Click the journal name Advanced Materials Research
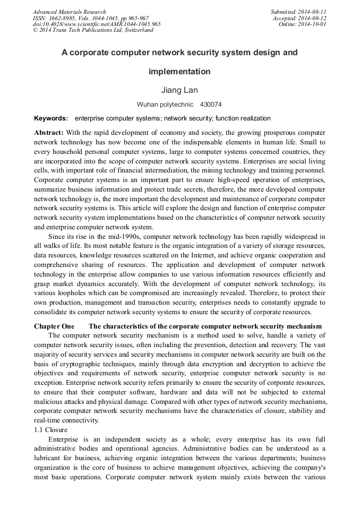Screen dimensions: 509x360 point(70,12)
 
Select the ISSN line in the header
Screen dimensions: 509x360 point(91,18)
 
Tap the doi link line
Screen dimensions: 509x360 point(97,24)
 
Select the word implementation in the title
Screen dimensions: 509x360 point(179,72)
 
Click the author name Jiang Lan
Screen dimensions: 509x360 point(179,90)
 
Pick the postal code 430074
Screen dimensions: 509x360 point(211,105)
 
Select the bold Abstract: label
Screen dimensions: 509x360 point(49,132)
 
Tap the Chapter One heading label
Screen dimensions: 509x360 point(54,326)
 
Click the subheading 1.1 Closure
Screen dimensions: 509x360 point(51,430)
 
